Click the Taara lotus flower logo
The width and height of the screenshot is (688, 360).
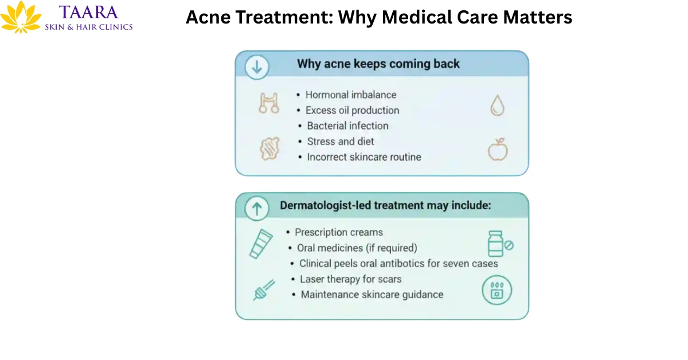pyautogui.click(x=21, y=18)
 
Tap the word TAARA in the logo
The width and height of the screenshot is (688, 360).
pyautogui.click(x=88, y=12)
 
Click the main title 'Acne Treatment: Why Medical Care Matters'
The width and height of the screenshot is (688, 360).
pyautogui.click(x=378, y=17)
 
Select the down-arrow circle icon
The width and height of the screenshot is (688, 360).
pyautogui.click(x=256, y=67)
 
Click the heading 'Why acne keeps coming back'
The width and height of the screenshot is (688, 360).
pyautogui.click(x=378, y=64)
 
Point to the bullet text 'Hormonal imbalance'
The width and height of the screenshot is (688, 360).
pyautogui.click(x=350, y=95)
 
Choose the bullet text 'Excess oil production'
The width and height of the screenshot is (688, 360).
pyautogui.click(x=352, y=110)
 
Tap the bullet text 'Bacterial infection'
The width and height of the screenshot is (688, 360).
pyautogui.click(x=347, y=126)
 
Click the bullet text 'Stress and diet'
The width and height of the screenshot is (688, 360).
pyautogui.click(x=340, y=141)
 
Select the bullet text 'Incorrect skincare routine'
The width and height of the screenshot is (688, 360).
pyautogui.click(x=363, y=156)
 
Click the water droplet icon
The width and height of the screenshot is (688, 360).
pyautogui.click(x=497, y=105)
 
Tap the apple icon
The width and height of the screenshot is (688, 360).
pyautogui.click(x=498, y=150)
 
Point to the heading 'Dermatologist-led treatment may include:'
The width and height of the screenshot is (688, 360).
pyautogui.click(x=385, y=205)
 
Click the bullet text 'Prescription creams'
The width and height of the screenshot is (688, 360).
pyautogui.click(x=338, y=232)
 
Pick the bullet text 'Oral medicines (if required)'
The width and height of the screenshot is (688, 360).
pyautogui.click(x=357, y=248)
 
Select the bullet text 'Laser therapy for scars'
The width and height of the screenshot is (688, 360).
pyautogui.click(x=350, y=279)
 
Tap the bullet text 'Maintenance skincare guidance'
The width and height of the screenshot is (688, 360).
pyautogui.click(x=372, y=294)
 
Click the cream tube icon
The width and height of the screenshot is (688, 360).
pyautogui.click(x=260, y=243)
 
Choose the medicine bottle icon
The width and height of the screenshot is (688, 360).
pyautogui.click(x=496, y=244)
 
